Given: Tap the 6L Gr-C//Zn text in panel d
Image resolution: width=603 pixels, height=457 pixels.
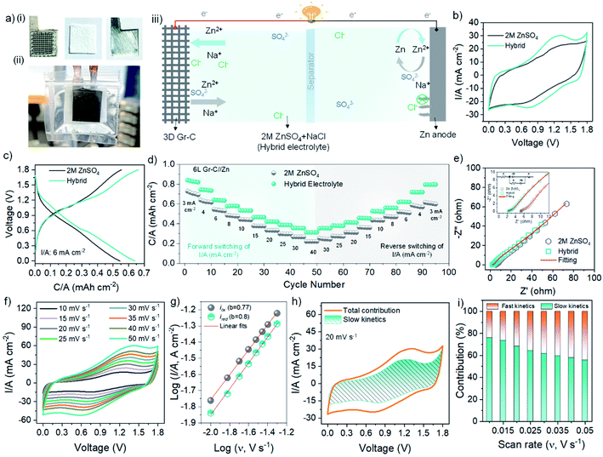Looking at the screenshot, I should point(219,169).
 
